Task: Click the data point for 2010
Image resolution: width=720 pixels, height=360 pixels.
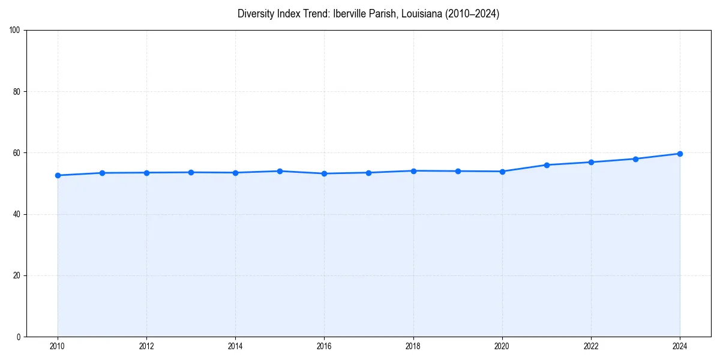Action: point(58,175)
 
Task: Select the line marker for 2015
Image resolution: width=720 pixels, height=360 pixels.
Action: point(280,171)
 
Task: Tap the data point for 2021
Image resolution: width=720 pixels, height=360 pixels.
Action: point(547,165)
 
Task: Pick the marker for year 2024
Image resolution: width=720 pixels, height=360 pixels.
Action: point(680,154)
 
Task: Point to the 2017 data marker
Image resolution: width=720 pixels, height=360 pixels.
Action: point(368,173)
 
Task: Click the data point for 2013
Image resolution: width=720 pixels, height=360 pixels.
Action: point(191,172)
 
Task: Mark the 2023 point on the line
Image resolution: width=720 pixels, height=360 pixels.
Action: point(635,159)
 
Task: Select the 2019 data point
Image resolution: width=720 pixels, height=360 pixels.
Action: point(458,171)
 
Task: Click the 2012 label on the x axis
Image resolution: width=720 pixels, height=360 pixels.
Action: point(146,346)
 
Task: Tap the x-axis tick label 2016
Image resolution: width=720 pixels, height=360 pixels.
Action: point(324,346)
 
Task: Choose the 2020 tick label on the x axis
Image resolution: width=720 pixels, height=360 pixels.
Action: point(502,346)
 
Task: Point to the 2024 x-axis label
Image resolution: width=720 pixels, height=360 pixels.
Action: point(680,346)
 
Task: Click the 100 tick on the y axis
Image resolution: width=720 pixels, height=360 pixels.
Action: point(16,31)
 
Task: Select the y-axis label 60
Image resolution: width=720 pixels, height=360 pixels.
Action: point(17,153)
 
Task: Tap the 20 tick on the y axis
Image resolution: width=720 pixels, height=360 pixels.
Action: point(17,275)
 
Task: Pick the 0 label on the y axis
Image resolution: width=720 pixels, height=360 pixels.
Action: point(19,337)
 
